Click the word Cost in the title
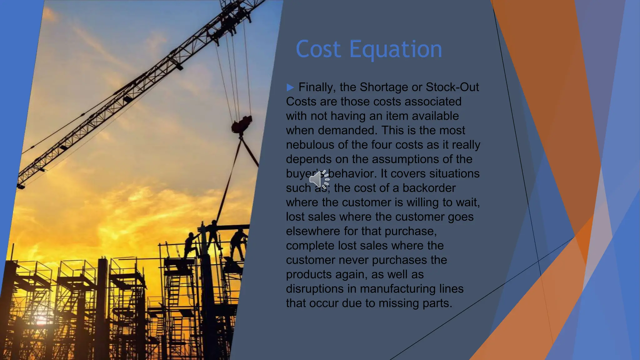coord(318,49)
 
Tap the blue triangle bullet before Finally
coord(290,87)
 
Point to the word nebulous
coord(310,145)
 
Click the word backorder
coord(429,188)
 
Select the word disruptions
coord(315,289)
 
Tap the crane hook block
coord(242,124)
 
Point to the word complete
coord(310,246)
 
